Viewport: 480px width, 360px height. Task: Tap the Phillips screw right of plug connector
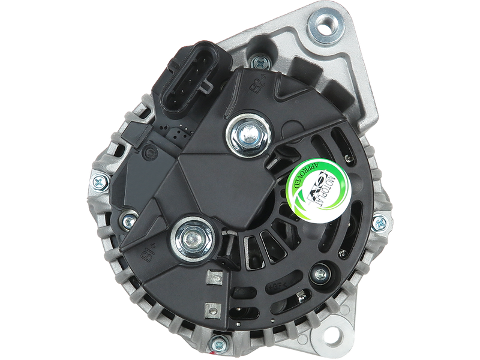coord(259,61)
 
